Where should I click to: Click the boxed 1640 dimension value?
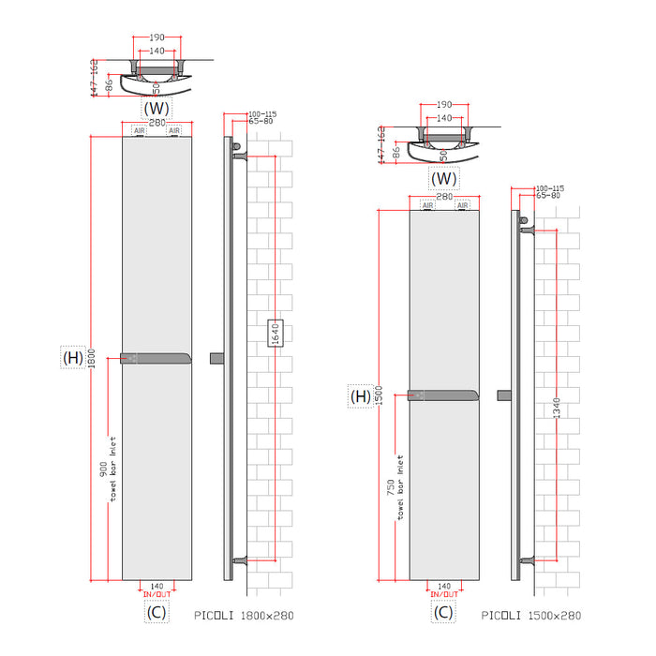click(276, 333)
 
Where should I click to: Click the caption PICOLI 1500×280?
click(530, 615)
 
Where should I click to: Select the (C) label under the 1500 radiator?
click(444, 613)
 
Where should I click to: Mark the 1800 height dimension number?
click(91, 358)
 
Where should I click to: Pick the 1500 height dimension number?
click(380, 396)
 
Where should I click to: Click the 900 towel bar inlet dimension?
click(104, 473)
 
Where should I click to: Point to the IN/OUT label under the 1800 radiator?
click(157, 594)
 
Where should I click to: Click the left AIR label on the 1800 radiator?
click(140, 130)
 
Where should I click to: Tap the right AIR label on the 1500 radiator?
click(462, 204)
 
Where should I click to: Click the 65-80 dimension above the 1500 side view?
click(547, 195)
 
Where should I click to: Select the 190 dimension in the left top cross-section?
click(157, 37)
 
